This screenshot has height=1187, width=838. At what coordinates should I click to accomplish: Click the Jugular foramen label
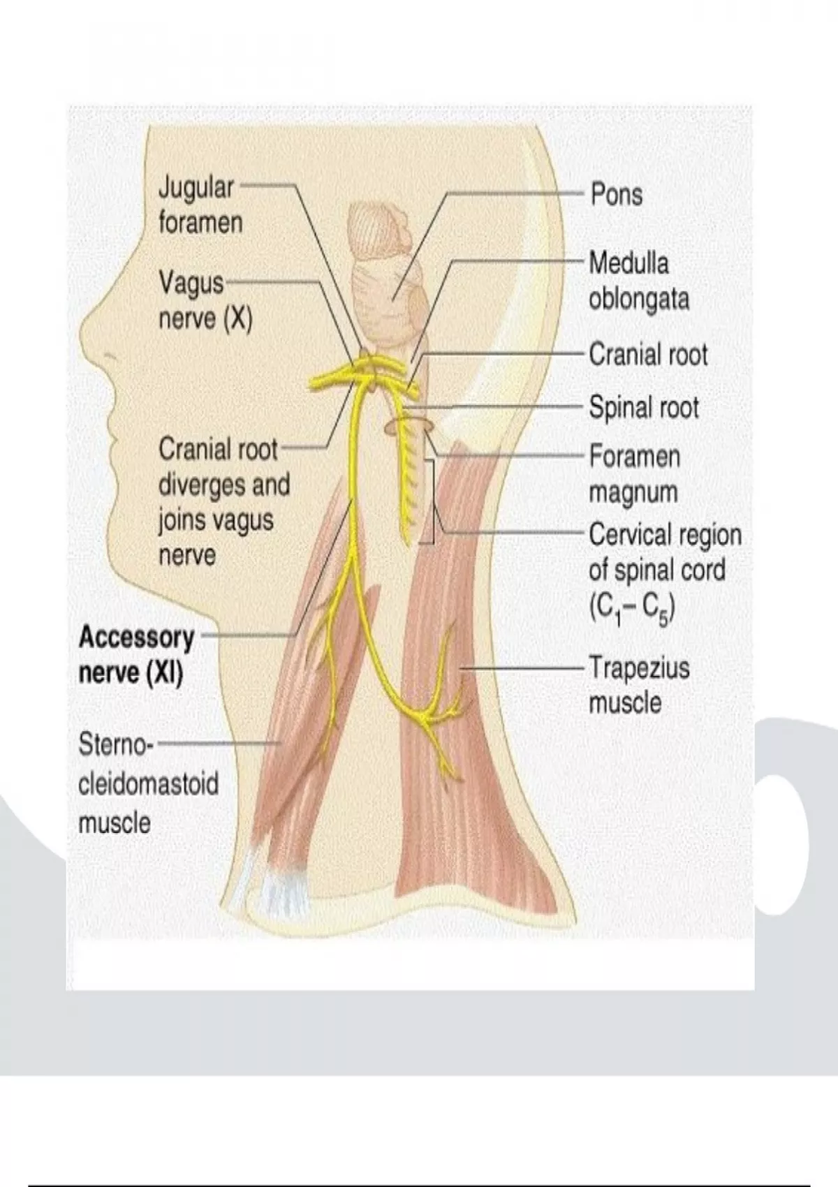point(200,205)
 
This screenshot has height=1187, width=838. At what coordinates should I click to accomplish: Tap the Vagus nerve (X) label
point(205,301)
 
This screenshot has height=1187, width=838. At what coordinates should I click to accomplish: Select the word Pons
point(616,194)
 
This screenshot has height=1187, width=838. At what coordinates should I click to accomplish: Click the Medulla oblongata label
point(638,281)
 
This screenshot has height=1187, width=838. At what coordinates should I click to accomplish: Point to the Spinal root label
point(643,408)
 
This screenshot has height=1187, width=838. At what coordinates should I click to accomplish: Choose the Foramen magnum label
point(633,474)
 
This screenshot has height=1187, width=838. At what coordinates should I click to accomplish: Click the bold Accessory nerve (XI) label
point(136,655)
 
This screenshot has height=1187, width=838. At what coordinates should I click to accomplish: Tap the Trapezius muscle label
point(638,685)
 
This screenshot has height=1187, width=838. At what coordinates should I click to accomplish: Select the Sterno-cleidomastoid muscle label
point(148,783)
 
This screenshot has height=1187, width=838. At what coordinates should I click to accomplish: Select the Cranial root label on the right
point(647,355)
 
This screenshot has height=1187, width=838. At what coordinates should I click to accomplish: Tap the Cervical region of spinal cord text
point(664,552)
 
